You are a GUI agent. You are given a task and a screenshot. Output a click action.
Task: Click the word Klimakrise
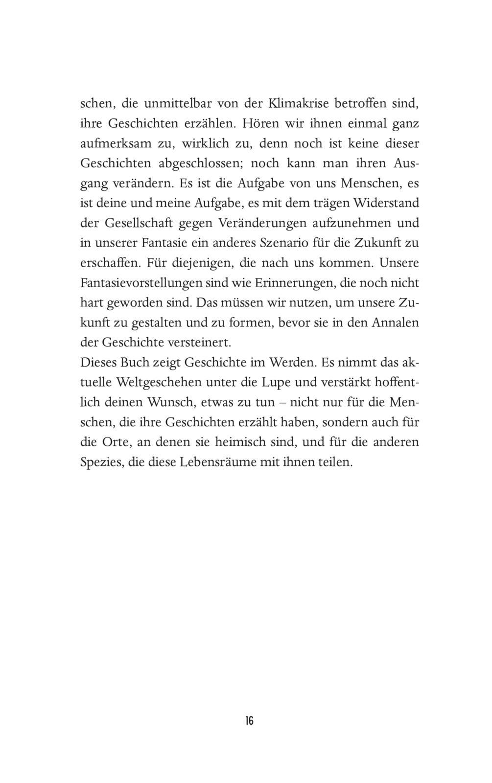click(x=299, y=104)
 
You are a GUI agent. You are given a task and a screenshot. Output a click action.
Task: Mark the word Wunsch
click(x=158, y=403)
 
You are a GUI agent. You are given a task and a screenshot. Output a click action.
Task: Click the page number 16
click(x=249, y=720)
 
